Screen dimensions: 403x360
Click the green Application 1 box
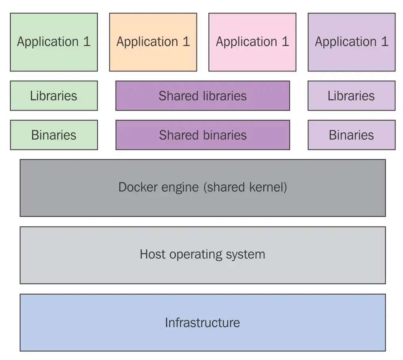tap(54, 42)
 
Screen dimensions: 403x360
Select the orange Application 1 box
tap(153, 42)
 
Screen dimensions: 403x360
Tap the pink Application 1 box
tap(252, 42)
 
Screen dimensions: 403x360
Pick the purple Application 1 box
tap(351, 42)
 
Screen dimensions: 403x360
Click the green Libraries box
tap(54, 96)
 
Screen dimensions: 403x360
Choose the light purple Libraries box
tap(351, 96)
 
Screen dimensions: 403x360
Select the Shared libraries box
tap(203, 96)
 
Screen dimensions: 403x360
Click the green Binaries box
tap(54, 135)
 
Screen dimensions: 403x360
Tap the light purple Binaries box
tap(351, 135)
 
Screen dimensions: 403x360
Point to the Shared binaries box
tap(203, 135)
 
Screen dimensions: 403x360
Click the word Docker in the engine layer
tap(138, 187)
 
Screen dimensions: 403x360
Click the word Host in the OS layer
tap(153, 254)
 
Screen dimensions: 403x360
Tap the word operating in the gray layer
tap(196, 255)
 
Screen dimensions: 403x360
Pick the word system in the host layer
tap(246, 255)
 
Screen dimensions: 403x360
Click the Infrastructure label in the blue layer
tap(202, 322)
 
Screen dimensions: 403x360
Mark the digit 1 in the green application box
tap(87, 41)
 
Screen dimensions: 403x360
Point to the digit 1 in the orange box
tap(186, 41)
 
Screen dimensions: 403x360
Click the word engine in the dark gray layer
tap(180, 188)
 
